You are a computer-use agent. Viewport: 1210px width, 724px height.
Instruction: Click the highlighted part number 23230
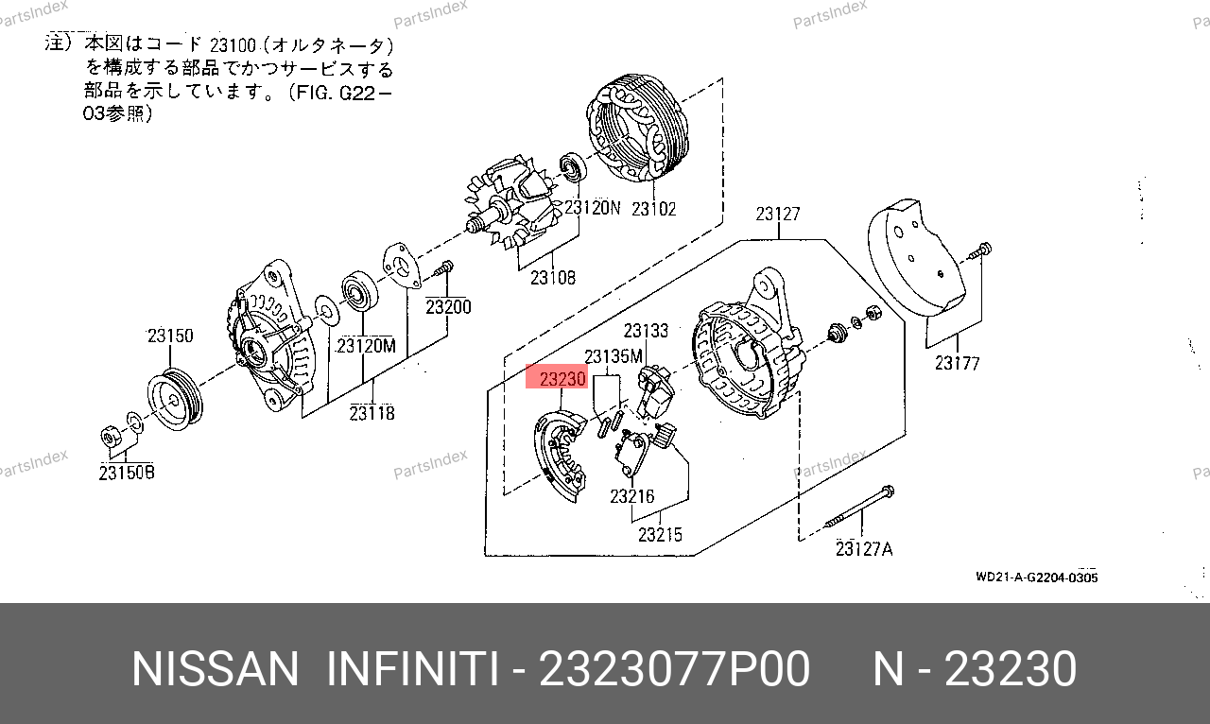[x=562, y=379]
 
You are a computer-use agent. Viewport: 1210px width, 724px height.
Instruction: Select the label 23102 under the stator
[x=653, y=209]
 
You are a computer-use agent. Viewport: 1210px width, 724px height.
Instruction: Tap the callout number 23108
[x=553, y=278]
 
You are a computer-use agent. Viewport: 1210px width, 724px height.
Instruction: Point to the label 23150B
[x=127, y=473]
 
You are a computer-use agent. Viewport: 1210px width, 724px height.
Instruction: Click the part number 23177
[x=958, y=363]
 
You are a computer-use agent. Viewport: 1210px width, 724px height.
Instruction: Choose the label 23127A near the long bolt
[x=864, y=549]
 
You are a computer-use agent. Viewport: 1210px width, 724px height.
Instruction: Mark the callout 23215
[x=660, y=534]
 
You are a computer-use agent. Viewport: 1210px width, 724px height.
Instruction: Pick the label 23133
[x=646, y=330]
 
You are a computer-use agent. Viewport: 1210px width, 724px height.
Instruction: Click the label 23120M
[x=366, y=346]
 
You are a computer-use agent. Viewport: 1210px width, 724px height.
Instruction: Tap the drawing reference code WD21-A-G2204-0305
[x=1037, y=577]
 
